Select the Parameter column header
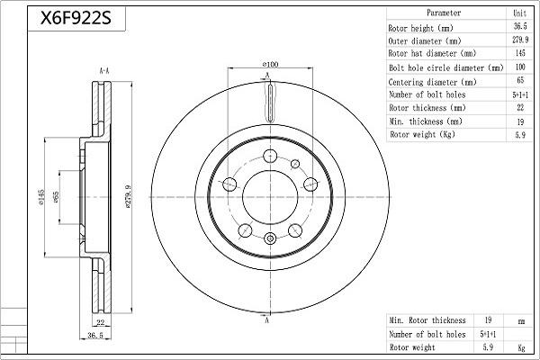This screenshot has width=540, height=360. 444,13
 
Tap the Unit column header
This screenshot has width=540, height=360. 520,13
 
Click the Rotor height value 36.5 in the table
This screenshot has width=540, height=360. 520,27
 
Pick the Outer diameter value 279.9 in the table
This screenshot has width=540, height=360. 520,40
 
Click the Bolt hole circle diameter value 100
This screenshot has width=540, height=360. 520,67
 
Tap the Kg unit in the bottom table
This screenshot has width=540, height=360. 520,346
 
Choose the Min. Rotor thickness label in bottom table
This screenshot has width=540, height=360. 427,319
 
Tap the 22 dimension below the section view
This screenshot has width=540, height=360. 101,321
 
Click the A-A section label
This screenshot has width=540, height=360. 103,68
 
